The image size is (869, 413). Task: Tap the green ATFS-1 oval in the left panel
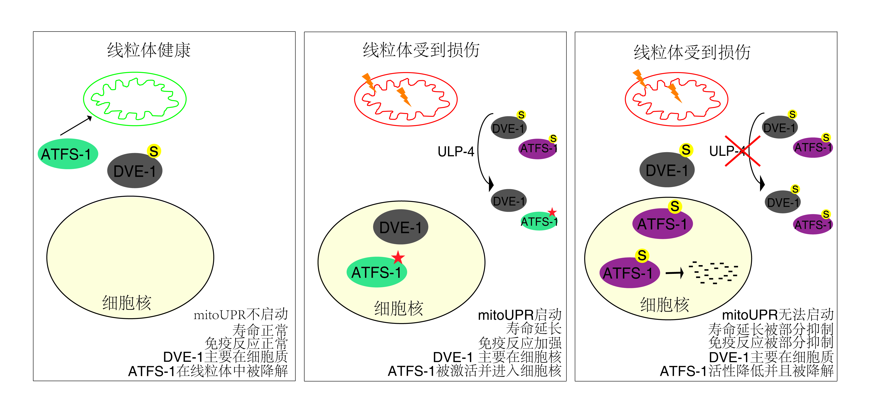coord(67,154)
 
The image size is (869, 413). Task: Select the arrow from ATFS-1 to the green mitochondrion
coord(76,125)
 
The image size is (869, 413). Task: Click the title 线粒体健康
coord(149,50)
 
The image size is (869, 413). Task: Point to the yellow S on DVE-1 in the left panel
coord(154,151)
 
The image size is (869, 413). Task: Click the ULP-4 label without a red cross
coord(456,152)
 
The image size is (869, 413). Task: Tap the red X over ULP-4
coord(743,151)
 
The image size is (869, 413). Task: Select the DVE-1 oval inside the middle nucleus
coord(400,227)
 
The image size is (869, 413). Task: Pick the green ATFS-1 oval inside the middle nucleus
coord(376,272)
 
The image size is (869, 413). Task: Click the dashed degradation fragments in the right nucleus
coord(713,272)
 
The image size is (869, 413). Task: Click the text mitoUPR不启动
coord(241,315)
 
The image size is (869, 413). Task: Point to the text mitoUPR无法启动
coord(778,315)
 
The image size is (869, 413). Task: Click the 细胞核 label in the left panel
coord(127,303)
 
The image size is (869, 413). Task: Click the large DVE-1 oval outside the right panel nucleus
coord(667,170)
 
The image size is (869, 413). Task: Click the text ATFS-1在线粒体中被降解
coord(208,371)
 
